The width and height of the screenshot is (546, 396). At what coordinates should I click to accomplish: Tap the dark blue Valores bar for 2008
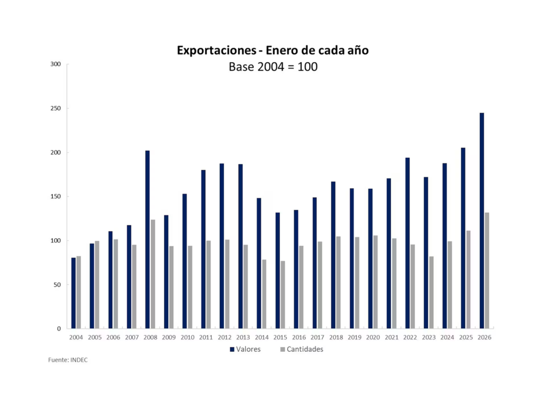click(148, 239)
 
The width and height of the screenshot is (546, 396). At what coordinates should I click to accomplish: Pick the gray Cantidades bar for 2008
click(152, 274)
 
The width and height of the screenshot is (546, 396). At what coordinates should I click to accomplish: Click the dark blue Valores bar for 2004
click(74, 293)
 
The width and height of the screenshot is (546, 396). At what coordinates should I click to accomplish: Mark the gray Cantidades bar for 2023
click(431, 293)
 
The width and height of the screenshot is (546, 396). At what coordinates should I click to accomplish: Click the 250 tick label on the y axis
click(56, 108)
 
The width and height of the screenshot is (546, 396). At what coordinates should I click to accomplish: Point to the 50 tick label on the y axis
click(58, 285)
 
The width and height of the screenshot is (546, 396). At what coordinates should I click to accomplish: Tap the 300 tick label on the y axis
click(56, 64)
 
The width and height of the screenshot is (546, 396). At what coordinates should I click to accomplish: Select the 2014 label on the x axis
click(261, 337)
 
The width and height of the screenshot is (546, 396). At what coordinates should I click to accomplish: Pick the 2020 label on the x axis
click(373, 337)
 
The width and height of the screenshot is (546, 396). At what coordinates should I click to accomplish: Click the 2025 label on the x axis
click(466, 337)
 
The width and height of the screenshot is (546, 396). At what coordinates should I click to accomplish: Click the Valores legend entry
click(245, 350)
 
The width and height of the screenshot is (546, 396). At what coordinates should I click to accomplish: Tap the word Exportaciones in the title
click(216, 51)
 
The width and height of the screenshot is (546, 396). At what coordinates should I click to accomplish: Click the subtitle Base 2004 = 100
click(273, 67)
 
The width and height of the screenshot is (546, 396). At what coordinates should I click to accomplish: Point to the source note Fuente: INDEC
click(68, 360)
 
